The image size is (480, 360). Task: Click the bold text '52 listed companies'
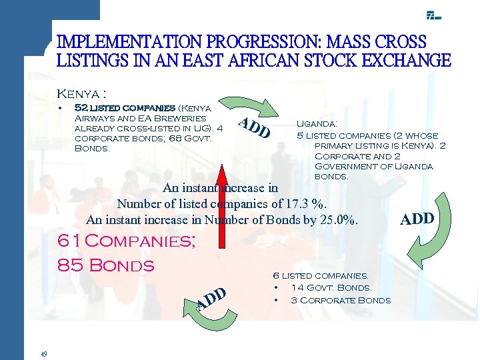point(115,107)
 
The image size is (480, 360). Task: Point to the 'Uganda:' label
point(316,123)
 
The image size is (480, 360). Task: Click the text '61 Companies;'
point(126,241)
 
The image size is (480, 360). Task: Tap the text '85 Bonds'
point(106,265)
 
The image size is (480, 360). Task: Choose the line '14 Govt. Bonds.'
point(331,287)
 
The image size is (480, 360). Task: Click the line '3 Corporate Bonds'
point(341,300)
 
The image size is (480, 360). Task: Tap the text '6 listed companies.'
point(320,275)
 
